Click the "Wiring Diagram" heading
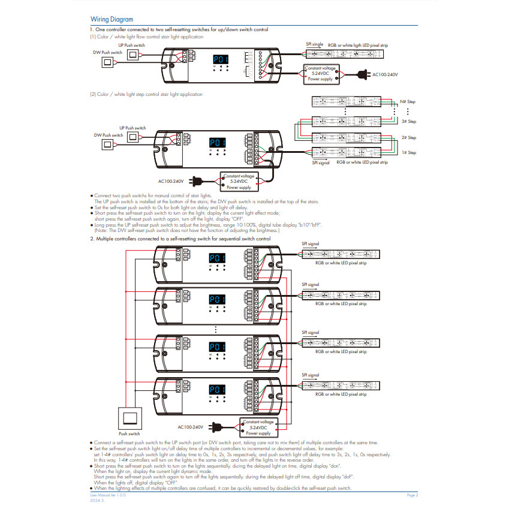(112, 20)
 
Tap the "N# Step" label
(408, 102)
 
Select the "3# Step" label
(408, 122)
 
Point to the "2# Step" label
(408, 138)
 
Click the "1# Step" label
(408, 153)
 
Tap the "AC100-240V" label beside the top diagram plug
(385, 74)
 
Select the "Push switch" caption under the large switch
(129, 433)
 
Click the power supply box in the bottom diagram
(258, 427)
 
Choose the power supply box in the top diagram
(321, 73)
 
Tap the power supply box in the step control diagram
(239, 181)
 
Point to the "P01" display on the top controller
(221, 59)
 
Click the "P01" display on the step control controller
(217, 143)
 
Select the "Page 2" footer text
(412, 495)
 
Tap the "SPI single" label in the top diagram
(314, 44)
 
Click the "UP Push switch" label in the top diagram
(131, 46)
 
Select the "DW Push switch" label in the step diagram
(108, 135)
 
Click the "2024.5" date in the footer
(96, 500)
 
